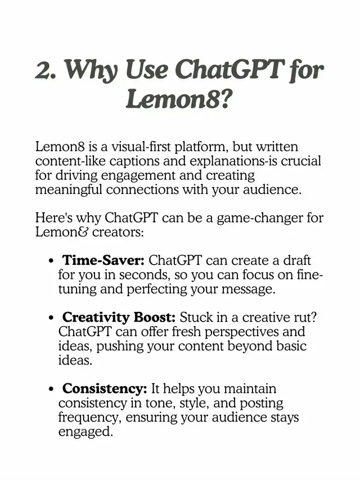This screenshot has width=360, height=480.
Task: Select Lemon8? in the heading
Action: [x=179, y=99]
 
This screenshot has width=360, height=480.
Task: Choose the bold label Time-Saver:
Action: [x=103, y=261]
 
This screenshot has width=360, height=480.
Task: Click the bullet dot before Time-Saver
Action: [x=51, y=261]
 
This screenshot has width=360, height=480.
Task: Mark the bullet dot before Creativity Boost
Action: [x=51, y=318]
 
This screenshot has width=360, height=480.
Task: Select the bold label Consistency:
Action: [x=105, y=389]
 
